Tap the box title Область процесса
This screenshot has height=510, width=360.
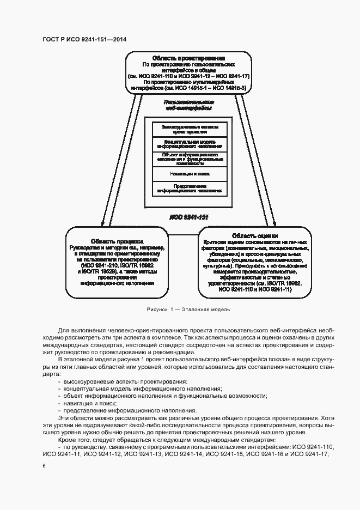[x=117, y=241]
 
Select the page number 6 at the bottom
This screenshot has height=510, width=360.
[x=44, y=466]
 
